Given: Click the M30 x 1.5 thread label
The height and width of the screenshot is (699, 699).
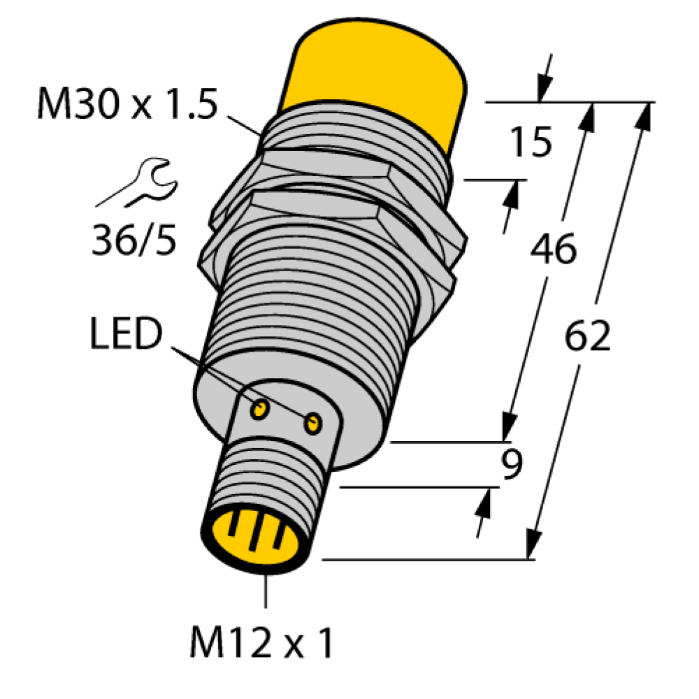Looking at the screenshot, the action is tap(127, 104).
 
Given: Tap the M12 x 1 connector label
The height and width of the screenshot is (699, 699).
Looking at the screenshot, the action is tap(261, 642).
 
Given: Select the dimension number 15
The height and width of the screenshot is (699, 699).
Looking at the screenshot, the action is tap(531, 142).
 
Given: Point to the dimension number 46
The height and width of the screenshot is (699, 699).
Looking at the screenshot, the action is tap(554, 249).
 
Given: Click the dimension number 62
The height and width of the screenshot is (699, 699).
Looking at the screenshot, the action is tap(587, 336).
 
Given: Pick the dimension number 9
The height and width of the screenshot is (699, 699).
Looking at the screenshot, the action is tap(512, 463).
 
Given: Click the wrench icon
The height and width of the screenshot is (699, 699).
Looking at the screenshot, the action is tap(137, 182).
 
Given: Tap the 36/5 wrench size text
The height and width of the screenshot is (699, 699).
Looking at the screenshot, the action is tap(134, 240).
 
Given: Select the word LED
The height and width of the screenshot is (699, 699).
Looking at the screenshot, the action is tap(126, 333).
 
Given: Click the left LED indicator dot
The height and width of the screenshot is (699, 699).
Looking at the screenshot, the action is tap(259, 409).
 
